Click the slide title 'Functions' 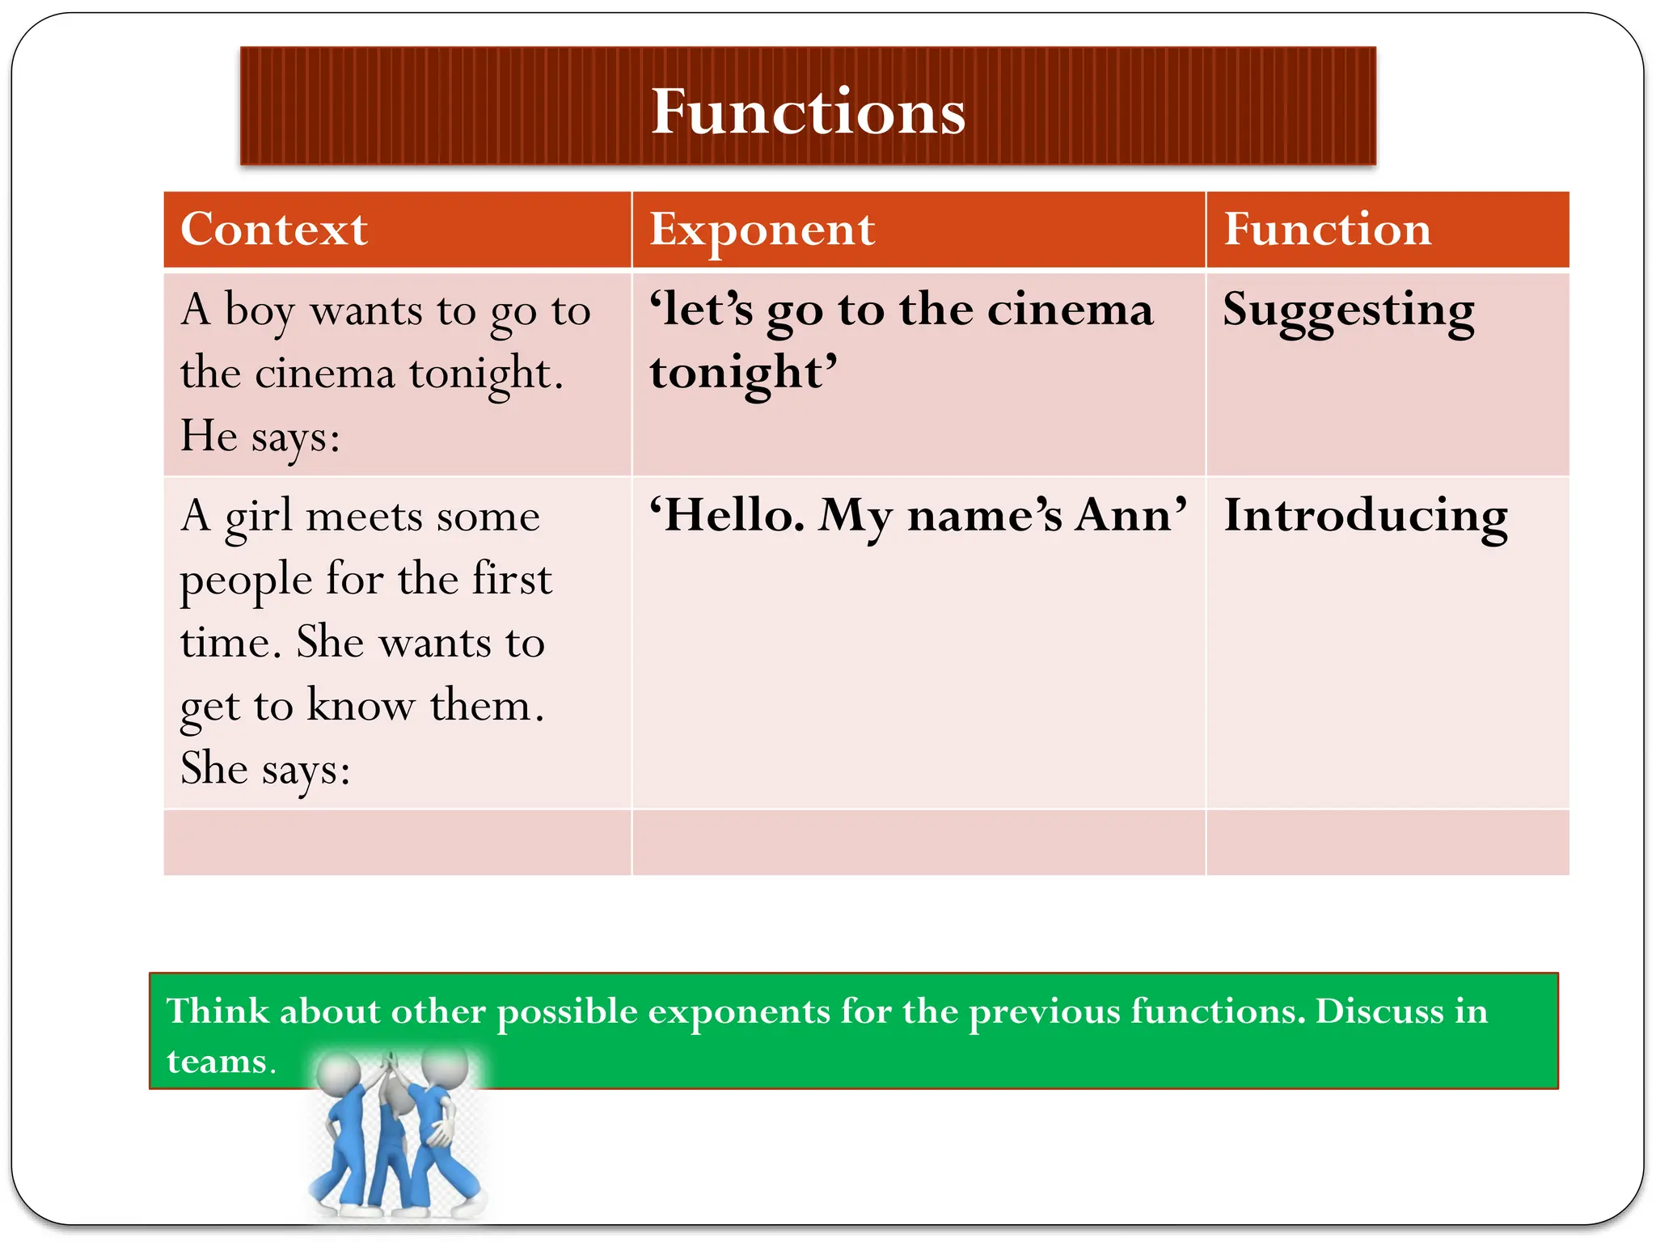coord(808,111)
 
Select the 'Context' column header coord(274,229)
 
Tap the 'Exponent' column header coord(762,229)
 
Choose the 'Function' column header coord(1327,229)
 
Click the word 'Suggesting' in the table coord(1348,311)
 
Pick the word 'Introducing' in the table coord(1365,516)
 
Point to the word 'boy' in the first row coord(259,312)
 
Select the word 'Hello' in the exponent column coord(727,515)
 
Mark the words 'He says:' coord(260,437)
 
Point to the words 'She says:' coord(265,768)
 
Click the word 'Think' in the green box coord(217,1011)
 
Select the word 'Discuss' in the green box coord(1379,1011)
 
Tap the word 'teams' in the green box coord(216,1061)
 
